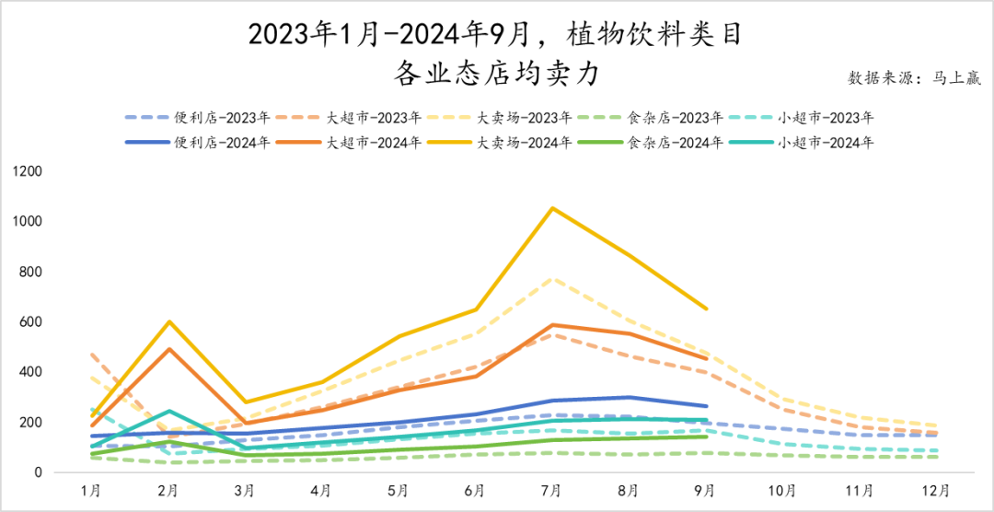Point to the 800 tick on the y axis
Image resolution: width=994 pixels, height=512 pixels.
point(32,273)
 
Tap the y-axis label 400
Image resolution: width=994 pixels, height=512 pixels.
point(32,372)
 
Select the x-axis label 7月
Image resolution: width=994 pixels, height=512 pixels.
point(552,491)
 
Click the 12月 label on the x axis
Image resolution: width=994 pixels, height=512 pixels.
point(937,491)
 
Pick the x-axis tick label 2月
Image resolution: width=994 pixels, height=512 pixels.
point(168,491)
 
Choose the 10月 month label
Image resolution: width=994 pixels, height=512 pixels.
point(783,491)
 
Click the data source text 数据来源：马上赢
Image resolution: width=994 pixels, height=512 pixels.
point(915,78)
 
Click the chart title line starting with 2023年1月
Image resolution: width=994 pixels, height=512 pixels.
point(496,35)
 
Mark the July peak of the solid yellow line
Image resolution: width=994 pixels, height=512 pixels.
point(552,208)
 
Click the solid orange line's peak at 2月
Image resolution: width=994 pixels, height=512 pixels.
point(168,349)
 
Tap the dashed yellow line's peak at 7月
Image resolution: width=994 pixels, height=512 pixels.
point(552,278)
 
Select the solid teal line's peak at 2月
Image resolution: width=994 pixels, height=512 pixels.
point(168,411)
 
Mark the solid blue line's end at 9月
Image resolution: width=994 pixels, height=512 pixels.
point(706,406)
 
